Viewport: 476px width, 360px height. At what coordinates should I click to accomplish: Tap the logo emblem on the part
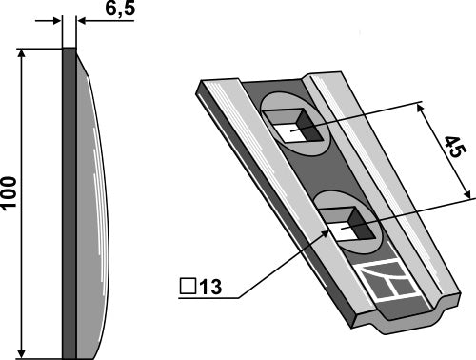pos(391,282)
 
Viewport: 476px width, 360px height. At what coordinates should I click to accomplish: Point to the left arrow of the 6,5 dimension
pos(55,19)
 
